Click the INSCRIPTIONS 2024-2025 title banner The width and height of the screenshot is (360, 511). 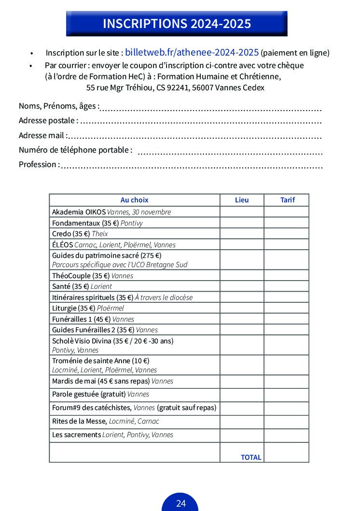pyautogui.click(x=177, y=24)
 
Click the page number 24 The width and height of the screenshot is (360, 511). pyautogui.click(x=180, y=504)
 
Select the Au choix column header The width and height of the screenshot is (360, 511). pyautogui.click(x=134, y=200)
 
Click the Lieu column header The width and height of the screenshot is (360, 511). pyautogui.click(x=242, y=200)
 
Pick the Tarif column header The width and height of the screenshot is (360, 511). pyautogui.click(x=287, y=200)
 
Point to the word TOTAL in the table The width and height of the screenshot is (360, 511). pyautogui.click(x=251, y=457)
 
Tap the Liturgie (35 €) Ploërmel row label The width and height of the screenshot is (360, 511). pyautogui.click(x=88, y=308)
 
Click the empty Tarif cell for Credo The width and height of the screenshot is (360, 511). pyautogui.click(x=286, y=234)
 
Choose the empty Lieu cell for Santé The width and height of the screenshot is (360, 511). pyautogui.click(x=242, y=286)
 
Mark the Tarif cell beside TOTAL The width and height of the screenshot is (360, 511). pyautogui.click(x=286, y=453)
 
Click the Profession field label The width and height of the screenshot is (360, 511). pyautogui.click(x=39, y=165)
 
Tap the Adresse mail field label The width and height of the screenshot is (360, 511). pyautogui.click(x=42, y=135)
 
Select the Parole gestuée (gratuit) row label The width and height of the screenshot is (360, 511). pyautogui.click(x=100, y=394)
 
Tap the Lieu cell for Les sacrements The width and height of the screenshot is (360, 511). pyautogui.click(x=242, y=435)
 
